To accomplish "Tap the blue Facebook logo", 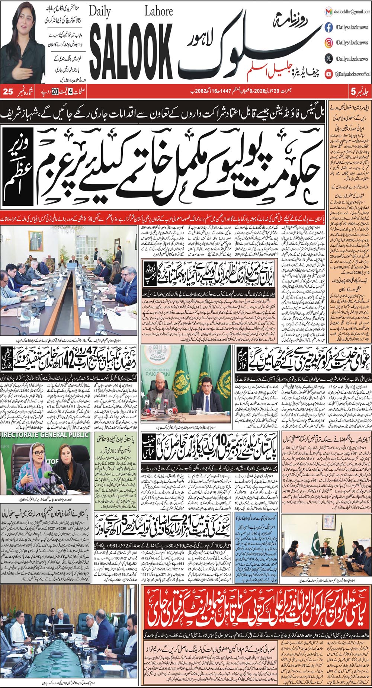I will [328, 27].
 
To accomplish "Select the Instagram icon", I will [328, 43].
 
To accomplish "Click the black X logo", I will [328, 58].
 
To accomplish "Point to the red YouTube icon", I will [328, 74].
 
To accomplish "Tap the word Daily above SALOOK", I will [100, 13].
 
